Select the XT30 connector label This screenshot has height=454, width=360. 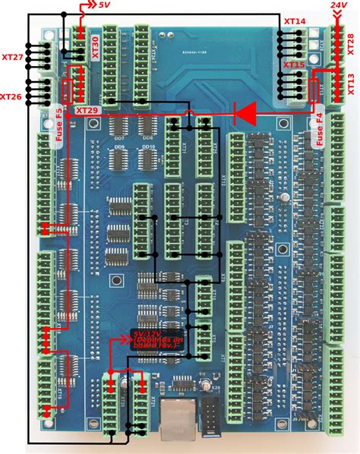pos(95,47)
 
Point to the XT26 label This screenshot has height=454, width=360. pos(11,96)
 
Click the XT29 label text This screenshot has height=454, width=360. pos(86,111)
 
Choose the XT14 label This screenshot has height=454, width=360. pos(295,23)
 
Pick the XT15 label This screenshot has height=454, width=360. pos(295,66)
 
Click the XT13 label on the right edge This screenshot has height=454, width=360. pos(351,81)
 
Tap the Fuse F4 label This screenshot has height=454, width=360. pos(319,129)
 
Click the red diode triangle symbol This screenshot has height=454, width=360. pos(245,113)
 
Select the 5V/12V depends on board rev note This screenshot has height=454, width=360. pos(158,338)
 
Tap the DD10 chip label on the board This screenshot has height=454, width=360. pos(148,147)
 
